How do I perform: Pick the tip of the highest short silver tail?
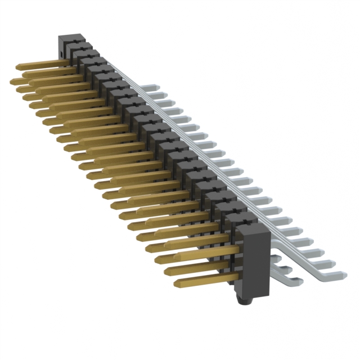[x=281, y=255]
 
